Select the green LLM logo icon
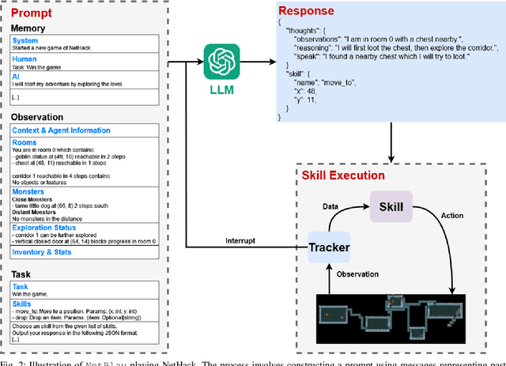(x=222, y=61)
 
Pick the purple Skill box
(x=391, y=208)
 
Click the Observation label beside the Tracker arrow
(x=364, y=274)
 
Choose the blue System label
(x=25, y=40)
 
